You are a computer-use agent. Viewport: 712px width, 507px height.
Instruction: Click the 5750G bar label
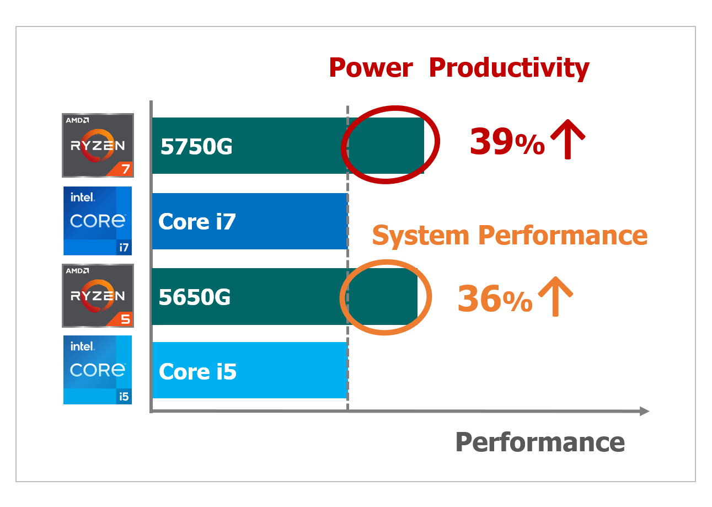[196, 147]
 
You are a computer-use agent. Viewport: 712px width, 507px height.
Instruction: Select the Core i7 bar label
[197, 221]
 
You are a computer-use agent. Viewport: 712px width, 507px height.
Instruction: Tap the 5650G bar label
[195, 297]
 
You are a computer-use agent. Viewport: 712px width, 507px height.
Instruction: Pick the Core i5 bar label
[197, 371]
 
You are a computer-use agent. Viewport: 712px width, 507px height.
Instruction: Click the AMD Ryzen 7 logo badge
[98, 145]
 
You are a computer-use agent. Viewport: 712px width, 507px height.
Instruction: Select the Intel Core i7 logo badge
[98, 221]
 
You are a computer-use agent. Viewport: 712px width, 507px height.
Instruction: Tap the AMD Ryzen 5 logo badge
[98, 296]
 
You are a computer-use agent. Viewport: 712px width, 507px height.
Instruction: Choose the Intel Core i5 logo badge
[98, 370]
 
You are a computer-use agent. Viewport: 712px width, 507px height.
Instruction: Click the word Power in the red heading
[371, 68]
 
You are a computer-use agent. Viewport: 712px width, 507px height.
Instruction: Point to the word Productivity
[509, 68]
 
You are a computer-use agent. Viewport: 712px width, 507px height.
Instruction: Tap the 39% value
[507, 141]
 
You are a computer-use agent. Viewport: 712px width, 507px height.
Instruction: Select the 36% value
[495, 298]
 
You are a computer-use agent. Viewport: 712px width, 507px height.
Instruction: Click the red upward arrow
[568, 139]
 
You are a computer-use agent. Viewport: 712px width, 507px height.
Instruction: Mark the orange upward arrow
[555, 296]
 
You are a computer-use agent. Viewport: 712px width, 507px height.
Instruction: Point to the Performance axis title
[540, 442]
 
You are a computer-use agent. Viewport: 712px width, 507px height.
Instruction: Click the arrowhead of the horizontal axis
[644, 411]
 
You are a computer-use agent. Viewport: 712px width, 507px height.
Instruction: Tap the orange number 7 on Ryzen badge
[126, 169]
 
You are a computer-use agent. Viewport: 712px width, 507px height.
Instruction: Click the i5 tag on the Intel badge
[124, 396]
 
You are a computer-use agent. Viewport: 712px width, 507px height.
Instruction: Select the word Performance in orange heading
[563, 235]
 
